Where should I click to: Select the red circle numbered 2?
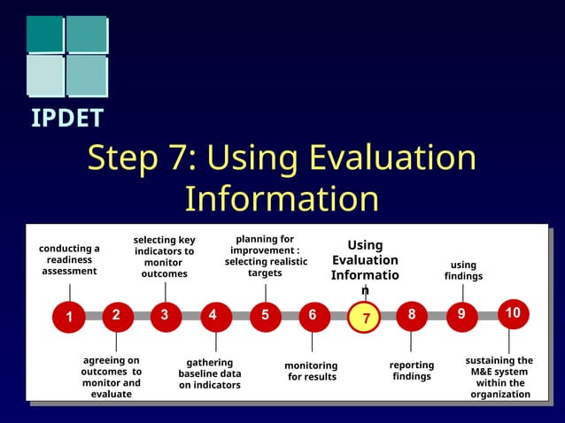click(x=116, y=315)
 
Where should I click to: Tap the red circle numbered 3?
click(x=165, y=315)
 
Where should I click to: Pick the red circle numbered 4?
click(x=213, y=315)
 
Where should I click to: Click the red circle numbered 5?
click(x=265, y=315)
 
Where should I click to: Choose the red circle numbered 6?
click(x=313, y=315)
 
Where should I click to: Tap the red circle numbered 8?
click(x=411, y=315)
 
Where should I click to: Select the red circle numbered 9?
click(x=461, y=315)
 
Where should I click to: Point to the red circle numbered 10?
click(x=512, y=313)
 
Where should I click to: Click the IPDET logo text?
click(x=67, y=118)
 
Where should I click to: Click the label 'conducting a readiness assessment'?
click(x=69, y=260)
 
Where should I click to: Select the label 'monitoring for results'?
click(x=311, y=372)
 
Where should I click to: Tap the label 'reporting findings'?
click(x=412, y=371)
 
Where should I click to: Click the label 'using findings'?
click(x=463, y=271)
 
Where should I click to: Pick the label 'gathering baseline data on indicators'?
click(x=210, y=373)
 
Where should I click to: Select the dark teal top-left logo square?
click(x=44, y=34)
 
